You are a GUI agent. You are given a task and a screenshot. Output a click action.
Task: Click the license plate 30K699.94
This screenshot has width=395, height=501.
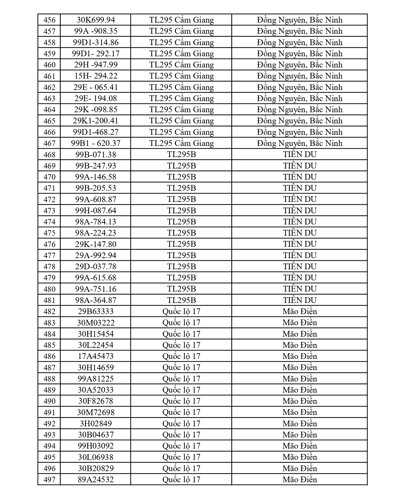(96, 20)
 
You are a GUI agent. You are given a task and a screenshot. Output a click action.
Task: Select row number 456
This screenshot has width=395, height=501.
(49, 20)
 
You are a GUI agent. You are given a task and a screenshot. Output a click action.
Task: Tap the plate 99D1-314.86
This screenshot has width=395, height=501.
(96, 43)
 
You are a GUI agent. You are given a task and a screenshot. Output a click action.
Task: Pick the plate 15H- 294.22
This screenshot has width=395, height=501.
(96, 76)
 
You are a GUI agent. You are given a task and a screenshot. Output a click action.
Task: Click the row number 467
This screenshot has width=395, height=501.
(49, 143)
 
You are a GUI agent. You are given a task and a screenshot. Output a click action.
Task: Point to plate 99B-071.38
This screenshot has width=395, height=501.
(96, 154)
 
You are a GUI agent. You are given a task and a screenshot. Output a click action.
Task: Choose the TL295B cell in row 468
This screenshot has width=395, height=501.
(181, 154)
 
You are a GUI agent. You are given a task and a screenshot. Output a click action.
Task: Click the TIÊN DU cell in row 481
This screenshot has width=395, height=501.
(299, 300)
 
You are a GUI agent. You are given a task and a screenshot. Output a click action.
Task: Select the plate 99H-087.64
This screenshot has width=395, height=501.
(96, 210)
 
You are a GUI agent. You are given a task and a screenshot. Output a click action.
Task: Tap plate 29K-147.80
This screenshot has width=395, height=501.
(96, 244)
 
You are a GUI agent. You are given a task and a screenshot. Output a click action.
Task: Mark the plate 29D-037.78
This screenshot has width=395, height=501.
(96, 266)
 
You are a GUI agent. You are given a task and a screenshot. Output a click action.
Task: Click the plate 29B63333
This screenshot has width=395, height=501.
(96, 311)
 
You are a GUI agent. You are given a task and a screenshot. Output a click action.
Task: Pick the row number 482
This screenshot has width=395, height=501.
(49, 312)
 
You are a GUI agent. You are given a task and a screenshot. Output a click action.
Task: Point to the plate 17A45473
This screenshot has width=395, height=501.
(96, 356)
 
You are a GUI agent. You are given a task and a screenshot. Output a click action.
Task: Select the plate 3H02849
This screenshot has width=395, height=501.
(96, 423)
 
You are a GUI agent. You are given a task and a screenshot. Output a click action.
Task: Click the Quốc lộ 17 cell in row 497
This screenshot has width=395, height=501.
(181, 479)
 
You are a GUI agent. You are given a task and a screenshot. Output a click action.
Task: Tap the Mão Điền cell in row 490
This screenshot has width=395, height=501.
(299, 401)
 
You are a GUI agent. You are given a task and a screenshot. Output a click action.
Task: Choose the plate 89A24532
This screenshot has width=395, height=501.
(96, 479)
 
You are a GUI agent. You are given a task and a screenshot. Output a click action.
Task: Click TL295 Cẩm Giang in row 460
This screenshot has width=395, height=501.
(181, 65)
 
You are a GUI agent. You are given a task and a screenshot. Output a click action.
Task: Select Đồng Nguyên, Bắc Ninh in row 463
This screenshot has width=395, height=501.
(299, 99)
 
